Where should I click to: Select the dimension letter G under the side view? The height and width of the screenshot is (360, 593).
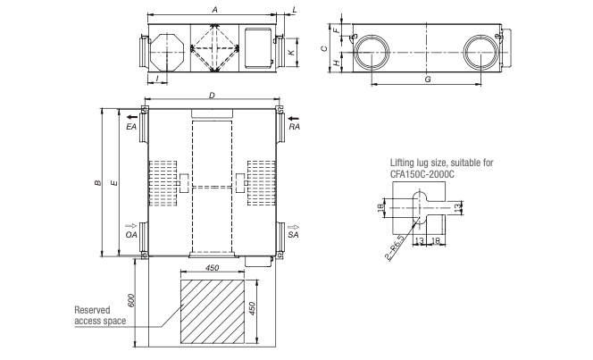(428, 80)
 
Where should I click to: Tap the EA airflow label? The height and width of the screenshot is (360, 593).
(131, 128)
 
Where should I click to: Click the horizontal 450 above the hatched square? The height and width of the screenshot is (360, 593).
(213, 266)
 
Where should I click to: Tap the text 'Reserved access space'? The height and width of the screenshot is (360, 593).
(99, 313)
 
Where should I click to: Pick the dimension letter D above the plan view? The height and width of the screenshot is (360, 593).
(212, 94)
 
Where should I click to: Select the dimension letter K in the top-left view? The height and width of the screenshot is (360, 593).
(292, 54)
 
